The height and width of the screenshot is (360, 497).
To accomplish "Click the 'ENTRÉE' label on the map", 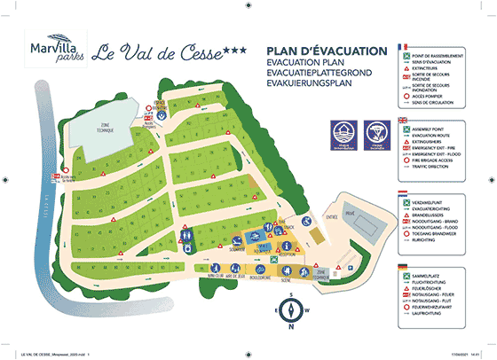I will (332, 215).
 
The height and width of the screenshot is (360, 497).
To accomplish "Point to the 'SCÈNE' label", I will (286, 279).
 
